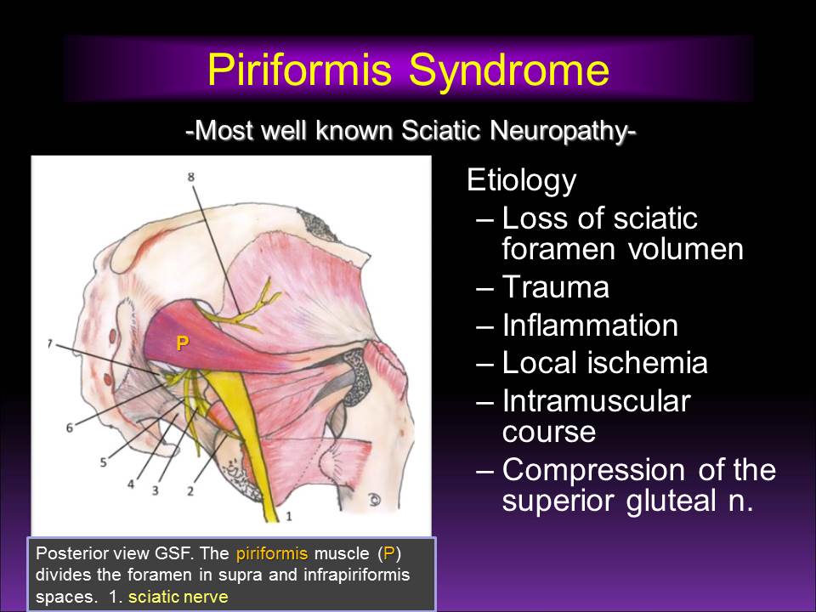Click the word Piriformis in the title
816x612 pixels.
pyautogui.click(x=299, y=69)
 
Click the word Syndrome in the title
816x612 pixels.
pyautogui.click(x=509, y=71)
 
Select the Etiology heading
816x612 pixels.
pyautogui.click(x=521, y=181)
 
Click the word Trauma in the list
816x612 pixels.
pyautogui.click(x=555, y=287)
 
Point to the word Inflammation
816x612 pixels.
pyautogui.click(x=590, y=326)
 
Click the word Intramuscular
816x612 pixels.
pyautogui.click(x=596, y=400)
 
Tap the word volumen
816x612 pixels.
pyautogui.click(x=686, y=249)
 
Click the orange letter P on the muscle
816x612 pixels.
pyautogui.click(x=182, y=343)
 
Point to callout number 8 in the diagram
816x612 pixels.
pyautogui.click(x=190, y=177)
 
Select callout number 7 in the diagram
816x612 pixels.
pyautogui.click(x=50, y=344)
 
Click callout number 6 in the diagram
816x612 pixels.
pyautogui.click(x=69, y=428)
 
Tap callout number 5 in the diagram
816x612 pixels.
pyautogui.click(x=103, y=462)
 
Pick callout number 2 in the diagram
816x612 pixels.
pyautogui.click(x=190, y=490)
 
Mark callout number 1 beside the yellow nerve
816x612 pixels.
pyautogui.click(x=289, y=516)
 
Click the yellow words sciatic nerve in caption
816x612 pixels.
pyautogui.click(x=178, y=597)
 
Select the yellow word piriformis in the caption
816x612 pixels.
pyautogui.click(x=272, y=553)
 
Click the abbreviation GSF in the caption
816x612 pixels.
pyautogui.click(x=173, y=552)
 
